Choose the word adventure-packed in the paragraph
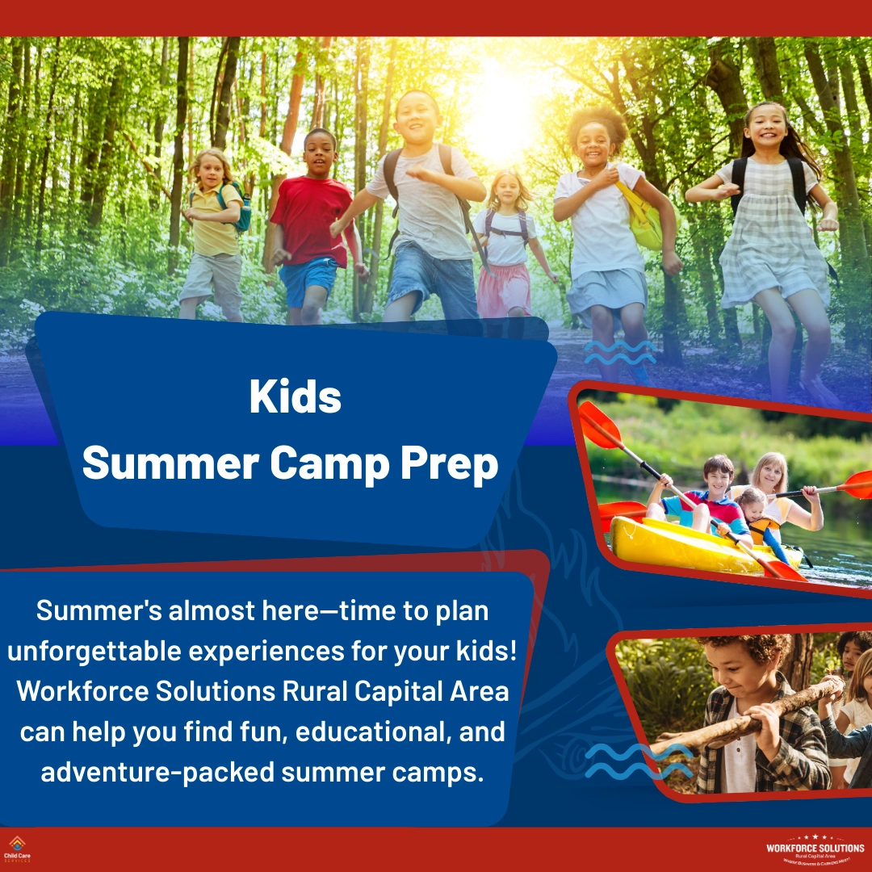point(157,772)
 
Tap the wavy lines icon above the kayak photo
point(619,352)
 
